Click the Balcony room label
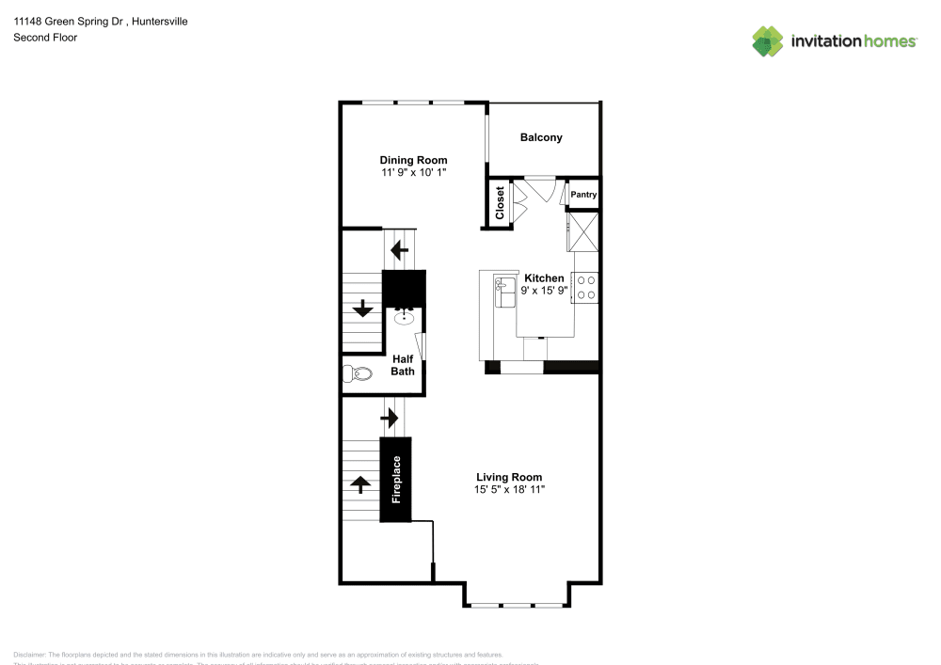pyautogui.click(x=541, y=137)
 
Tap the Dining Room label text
pyautogui.click(x=413, y=160)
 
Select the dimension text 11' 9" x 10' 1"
pyautogui.click(x=413, y=173)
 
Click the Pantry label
pyautogui.click(x=583, y=195)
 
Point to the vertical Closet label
pyautogui.click(x=500, y=202)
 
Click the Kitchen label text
pyautogui.click(x=544, y=278)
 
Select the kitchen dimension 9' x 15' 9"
pyautogui.click(x=544, y=291)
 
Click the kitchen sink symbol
pyautogui.click(x=503, y=287)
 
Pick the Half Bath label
pyautogui.click(x=403, y=365)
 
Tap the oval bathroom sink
pyautogui.click(x=405, y=318)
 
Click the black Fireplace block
pyautogui.click(x=396, y=480)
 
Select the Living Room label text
pyautogui.click(x=509, y=477)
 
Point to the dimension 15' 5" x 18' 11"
pyautogui.click(x=509, y=489)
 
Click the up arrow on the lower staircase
pyautogui.click(x=359, y=484)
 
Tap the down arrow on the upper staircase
pyautogui.click(x=362, y=309)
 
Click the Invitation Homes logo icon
pyautogui.click(x=768, y=40)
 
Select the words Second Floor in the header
pyautogui.click(x=45, y=38)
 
